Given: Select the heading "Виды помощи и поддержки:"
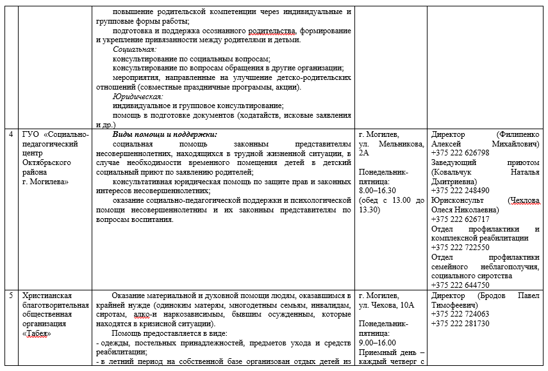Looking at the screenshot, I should (x=165, y=135).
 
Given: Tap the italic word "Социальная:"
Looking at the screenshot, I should (x=135, y=49).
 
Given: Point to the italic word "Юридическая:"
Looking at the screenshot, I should (x=137, y=96).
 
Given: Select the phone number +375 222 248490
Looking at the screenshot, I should (x=460, y=191).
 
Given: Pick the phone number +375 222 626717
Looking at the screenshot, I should (x=460, y=219).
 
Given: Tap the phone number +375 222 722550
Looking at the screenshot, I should (x=460, y=247).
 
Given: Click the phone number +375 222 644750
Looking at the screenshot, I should (x=460, y=285).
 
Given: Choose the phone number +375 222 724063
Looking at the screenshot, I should (x=460, y=314).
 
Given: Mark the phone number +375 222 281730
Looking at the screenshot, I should (x=460, y=323).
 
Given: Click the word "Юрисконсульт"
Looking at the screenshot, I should (x=456, y=200).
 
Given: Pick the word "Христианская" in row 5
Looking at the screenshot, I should (x=47, y=296).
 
